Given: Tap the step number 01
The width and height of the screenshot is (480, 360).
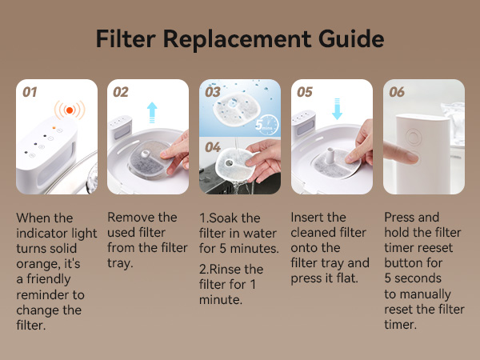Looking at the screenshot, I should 30,92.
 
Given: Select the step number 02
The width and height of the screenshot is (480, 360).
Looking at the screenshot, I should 120,92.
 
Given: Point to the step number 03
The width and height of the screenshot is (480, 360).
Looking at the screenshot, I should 212,92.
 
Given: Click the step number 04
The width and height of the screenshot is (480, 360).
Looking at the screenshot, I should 212,147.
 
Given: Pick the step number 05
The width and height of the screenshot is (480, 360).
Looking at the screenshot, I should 304,92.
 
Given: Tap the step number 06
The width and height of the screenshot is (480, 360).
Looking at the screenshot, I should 397,92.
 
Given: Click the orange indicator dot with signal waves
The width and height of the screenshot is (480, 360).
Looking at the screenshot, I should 70,109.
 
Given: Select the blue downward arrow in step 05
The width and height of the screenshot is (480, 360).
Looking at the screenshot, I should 337,106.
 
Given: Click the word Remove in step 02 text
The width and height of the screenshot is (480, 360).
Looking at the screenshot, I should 131,218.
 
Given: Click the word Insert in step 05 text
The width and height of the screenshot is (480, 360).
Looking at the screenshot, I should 309,218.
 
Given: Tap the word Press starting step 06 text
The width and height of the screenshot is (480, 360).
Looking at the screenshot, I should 401,218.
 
